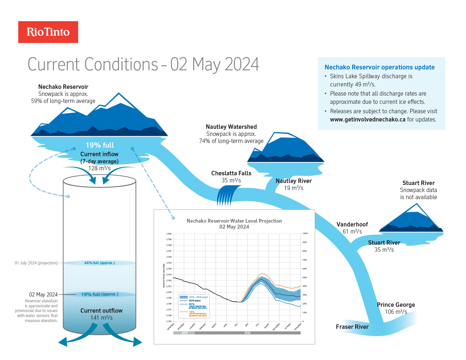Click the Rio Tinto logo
click(48, 32)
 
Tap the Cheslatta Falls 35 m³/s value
click(231, 180)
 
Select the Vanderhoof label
click(352, 224)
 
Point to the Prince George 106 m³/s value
click(396, 312)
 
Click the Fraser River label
click(352, 327)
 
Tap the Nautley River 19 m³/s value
click(293, 188)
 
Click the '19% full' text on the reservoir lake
click(100, 145)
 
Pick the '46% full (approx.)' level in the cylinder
click(99, 263)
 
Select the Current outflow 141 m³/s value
click(101, 318)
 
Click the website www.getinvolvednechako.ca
click(367, 119)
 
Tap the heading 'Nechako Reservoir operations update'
click(380, 67)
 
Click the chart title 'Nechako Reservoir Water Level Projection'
click(234, 221)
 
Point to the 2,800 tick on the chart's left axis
click(169, 234)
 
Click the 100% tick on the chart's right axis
click(305, 234)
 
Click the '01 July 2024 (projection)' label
click(36, 263)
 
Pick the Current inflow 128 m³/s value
click(99, 168)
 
